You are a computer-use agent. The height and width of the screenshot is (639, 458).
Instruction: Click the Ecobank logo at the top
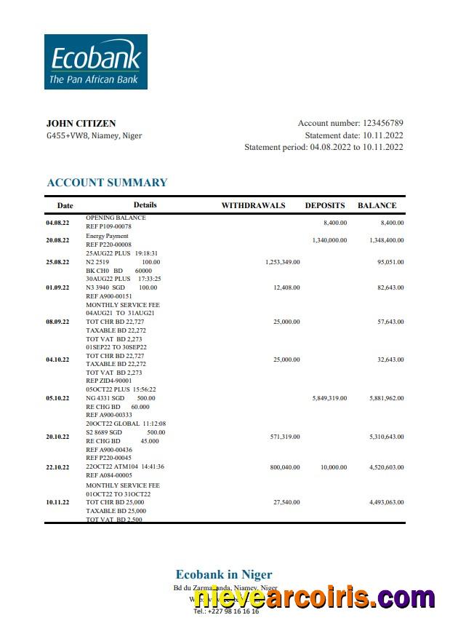(96, 62)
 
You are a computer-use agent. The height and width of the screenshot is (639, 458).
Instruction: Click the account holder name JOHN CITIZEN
(81, 124)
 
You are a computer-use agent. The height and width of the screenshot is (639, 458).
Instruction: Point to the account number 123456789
(382, 124)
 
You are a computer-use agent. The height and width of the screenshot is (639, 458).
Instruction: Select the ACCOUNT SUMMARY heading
(107, 183)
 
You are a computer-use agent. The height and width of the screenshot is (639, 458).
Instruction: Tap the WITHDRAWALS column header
(253, 206)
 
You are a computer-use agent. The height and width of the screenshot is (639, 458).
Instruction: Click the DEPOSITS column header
(325, 206)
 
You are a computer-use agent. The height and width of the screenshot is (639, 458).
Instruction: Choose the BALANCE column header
(377, 206)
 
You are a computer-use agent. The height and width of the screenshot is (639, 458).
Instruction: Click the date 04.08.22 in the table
(57, 223)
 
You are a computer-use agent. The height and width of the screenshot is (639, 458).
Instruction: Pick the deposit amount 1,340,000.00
(329, 240)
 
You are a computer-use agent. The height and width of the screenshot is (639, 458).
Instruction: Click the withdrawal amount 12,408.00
(286, 288)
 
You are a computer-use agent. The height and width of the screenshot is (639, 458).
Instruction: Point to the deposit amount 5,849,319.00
(329, 398)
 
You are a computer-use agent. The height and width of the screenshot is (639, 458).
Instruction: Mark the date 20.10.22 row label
(57, 437)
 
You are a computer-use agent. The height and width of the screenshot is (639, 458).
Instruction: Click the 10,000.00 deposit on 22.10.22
(334, 467)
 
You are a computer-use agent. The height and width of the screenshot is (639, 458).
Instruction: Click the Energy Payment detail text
(107, 236)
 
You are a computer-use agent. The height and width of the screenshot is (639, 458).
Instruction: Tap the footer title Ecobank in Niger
(224, 575)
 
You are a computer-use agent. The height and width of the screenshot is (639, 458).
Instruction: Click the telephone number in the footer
(226, 612)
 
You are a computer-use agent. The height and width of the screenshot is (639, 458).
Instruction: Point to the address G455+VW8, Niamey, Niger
(95, 136)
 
